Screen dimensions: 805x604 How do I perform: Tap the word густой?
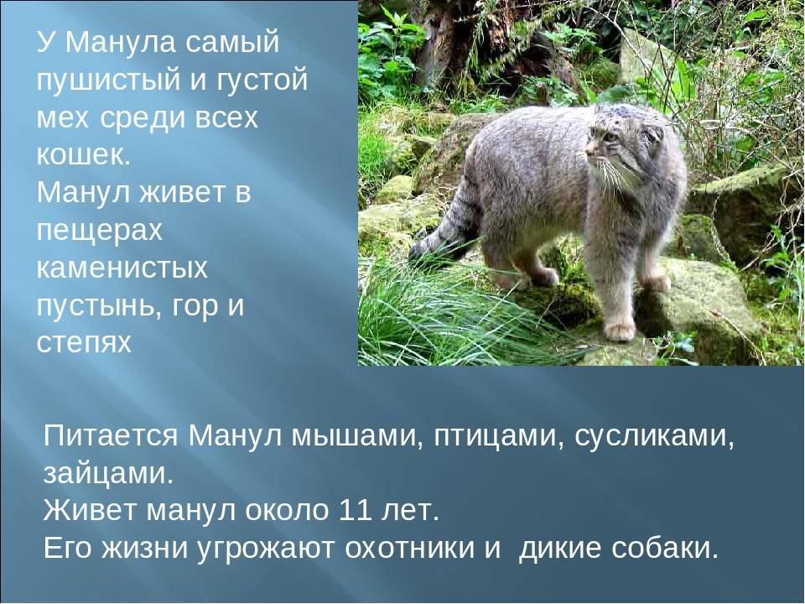258,81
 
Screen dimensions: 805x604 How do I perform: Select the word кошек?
84,154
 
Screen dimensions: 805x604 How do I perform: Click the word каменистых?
122,268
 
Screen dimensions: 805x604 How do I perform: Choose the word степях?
84,343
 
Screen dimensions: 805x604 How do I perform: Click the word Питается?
111,436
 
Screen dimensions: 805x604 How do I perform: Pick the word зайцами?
109,475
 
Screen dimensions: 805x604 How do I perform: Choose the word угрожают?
267,549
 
